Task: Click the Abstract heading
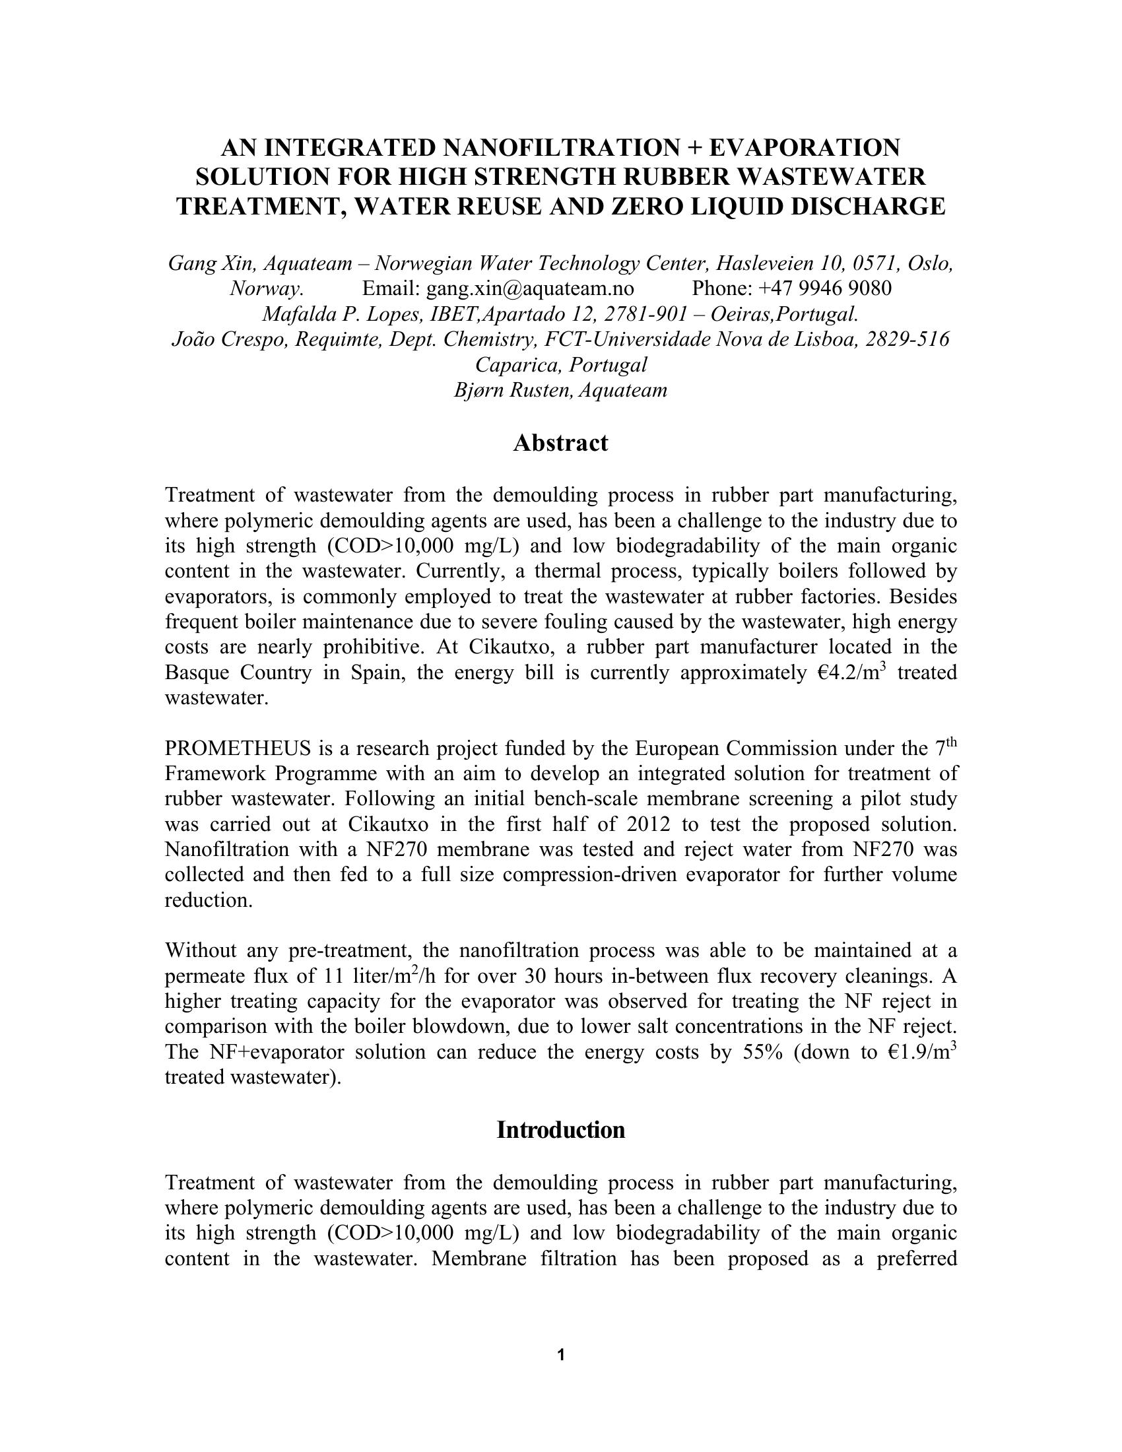coord(560,443)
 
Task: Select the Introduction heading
coord(560,1129)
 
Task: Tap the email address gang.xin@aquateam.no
coord(530,288)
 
